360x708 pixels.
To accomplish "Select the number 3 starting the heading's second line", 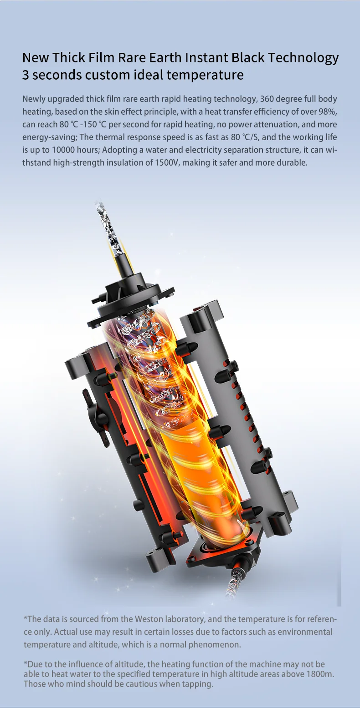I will [26, 75].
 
